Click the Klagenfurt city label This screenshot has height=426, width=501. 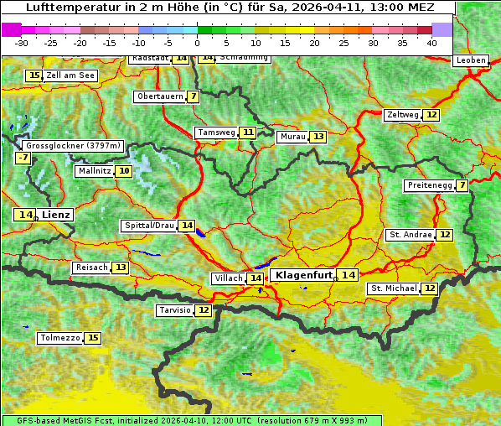304,275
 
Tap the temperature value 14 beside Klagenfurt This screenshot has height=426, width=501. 349,275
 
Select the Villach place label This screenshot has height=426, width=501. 228,278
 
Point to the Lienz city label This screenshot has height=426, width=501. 56,215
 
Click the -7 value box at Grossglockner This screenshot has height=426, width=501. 23,158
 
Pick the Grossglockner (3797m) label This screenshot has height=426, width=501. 73,146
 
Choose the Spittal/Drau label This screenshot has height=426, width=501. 149,226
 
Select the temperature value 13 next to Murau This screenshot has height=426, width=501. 318,137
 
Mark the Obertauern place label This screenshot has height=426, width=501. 160,96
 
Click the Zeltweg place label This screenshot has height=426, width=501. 402,115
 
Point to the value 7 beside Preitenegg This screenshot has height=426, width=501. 462,185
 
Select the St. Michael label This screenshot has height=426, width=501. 394,288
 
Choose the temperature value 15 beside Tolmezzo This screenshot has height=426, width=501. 93,338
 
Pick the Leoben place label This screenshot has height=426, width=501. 469,60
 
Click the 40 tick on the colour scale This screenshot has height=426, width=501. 431,42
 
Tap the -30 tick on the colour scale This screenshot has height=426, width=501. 22,42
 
